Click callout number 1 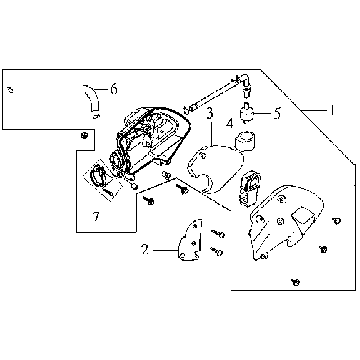331,110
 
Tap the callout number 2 145,249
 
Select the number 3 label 210,113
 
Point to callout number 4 230,124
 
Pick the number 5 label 277,113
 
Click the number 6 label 114,89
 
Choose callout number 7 96,217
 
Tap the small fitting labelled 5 246,113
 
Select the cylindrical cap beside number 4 245,141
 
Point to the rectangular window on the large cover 303,218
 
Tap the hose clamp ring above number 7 98,175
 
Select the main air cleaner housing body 152,140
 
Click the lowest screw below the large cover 295,282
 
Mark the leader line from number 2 165,249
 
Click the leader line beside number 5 262,113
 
